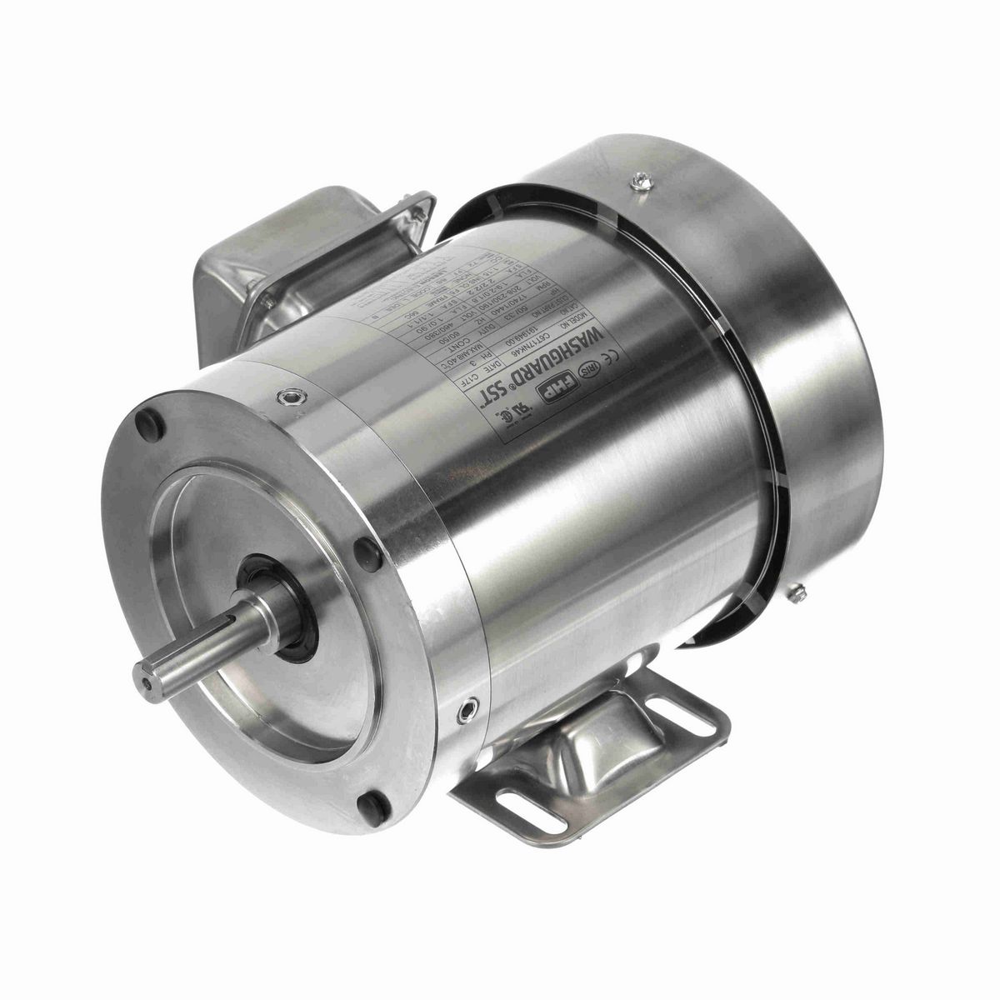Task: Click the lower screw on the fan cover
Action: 800,593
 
